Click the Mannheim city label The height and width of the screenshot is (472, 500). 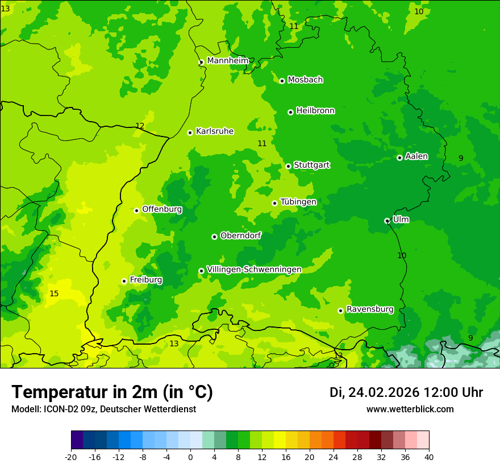click(x=227, y=60)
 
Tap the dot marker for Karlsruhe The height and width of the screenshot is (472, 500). click(x=190, y=133)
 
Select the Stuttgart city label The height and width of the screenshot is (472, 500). click(x=311, y=165)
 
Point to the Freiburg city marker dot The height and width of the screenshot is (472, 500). click(x=124, y=281)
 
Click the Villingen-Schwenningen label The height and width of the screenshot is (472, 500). click(x=254, y=269)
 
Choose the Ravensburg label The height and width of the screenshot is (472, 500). click(x=369, y=309)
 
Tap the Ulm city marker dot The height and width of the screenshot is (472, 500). click(x=387, y=221)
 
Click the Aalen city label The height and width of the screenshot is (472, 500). click(x=416, y=156)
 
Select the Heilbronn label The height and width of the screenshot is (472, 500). click(x=315, y=110)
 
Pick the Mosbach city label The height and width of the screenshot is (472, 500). click(x=305, y=80)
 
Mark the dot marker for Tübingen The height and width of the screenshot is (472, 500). click(x=274, y=203)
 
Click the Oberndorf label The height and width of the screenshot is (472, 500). click(x=240, y=235)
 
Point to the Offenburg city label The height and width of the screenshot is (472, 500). click(x=162, y=209)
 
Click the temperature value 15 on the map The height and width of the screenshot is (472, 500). click(x=54, y=293)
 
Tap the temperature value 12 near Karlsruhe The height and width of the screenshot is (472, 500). click(x=140, y=126)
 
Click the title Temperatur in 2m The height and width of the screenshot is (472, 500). click(x=112, y=392)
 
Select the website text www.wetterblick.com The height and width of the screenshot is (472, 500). click(x=410, y=409)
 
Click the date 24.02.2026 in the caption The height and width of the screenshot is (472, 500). click(x=384, y=392)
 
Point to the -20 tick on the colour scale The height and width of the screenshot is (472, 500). click(x=71, y=457)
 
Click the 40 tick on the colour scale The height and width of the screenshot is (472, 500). click(x=429, y=457)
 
